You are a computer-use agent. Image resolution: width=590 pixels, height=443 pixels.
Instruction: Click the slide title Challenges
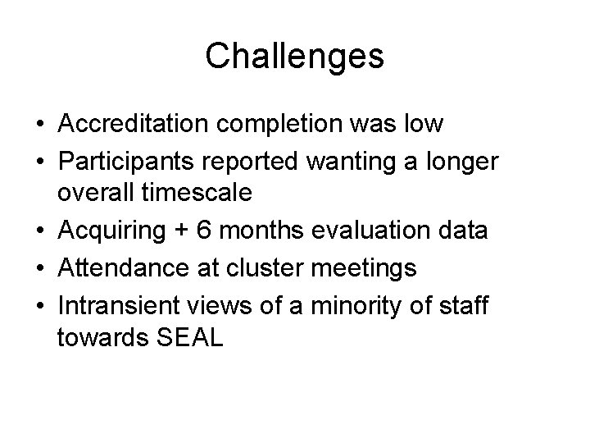click(x=294, y=57)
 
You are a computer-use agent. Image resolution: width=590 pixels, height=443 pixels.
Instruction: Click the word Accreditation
click(x=130, y=125)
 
